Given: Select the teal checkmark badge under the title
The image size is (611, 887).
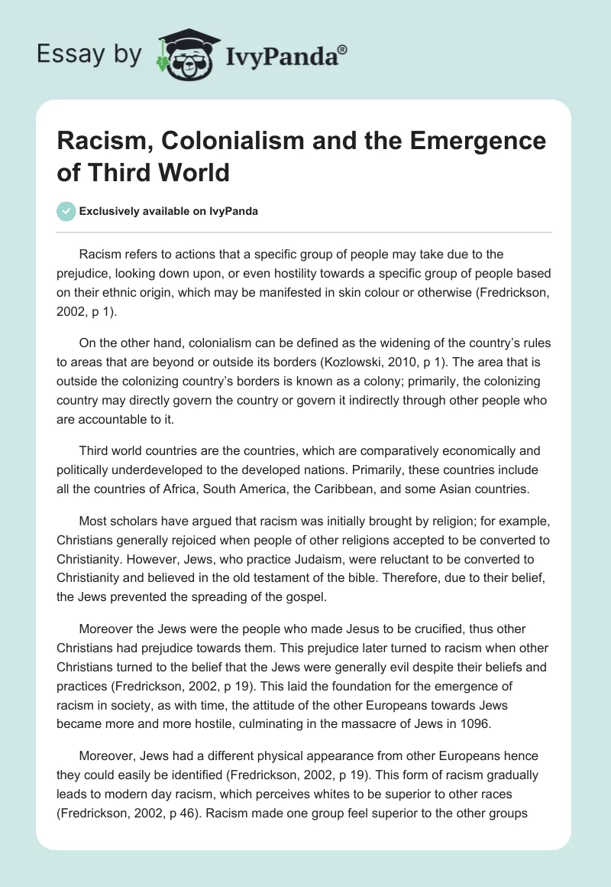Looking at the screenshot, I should coord(66,211).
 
